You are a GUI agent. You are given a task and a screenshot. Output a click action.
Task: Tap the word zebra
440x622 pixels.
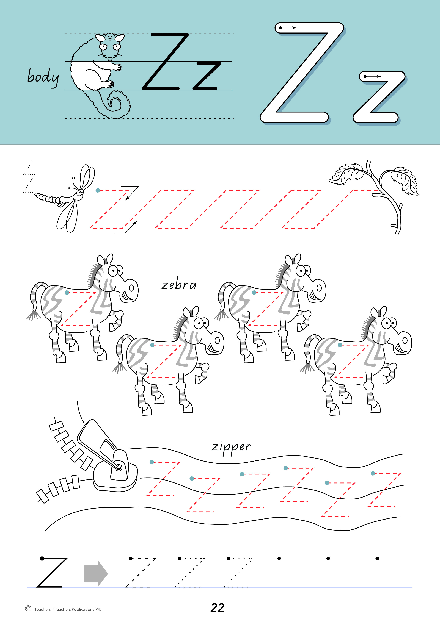[x=179, y=285]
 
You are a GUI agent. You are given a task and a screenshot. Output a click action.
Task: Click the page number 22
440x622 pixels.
[x=217, y=608]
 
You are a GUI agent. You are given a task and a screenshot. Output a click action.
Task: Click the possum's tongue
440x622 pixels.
[x=110, y=59]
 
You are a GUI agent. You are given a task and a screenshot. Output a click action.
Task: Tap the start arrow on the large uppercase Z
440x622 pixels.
[x=288, y=28]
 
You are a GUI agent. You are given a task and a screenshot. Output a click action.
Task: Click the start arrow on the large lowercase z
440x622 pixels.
[x=373, y=76]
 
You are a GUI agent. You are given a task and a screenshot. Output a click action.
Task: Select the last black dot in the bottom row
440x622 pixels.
[x=377, y=558]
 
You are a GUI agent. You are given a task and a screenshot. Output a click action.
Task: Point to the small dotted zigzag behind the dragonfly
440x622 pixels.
[x=29, y=177]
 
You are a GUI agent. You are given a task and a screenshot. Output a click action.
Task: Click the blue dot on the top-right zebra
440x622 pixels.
[x=254, y=293]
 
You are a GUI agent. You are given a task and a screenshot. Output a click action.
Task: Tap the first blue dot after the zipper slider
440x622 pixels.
[x=152, y=462]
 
